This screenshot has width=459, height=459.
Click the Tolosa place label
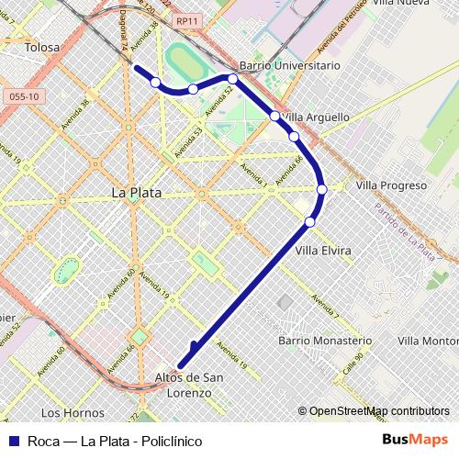43,47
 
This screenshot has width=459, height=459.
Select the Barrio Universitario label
288,66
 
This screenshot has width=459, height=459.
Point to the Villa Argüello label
315,117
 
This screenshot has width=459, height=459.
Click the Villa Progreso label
391,185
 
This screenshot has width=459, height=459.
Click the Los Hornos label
70,412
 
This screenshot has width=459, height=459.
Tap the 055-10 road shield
21,95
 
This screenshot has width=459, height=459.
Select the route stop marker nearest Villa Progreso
322,190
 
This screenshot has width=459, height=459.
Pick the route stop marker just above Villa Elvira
310,221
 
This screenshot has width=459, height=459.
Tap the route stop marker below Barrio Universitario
233,79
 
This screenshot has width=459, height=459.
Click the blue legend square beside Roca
14,440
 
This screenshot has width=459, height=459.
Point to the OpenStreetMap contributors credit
378,412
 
